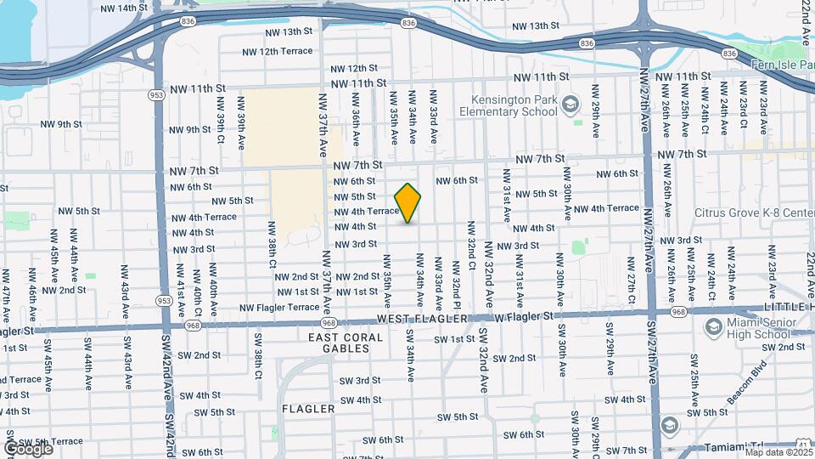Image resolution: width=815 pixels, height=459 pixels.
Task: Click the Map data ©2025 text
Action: (778, 452)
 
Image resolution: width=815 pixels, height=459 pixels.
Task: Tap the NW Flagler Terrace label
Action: (279, 308)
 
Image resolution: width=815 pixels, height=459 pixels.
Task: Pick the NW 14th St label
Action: (124, 8)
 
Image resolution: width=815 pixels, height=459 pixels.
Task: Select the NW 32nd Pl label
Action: (456, 293)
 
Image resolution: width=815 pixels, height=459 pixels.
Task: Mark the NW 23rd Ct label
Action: (744, 108)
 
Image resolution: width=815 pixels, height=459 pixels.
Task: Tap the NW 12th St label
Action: (354, 68)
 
